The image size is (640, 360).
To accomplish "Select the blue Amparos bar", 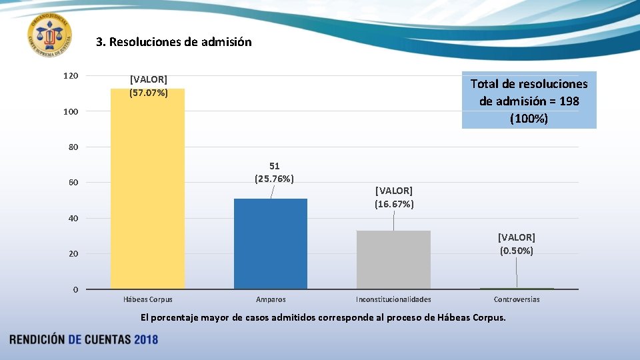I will click(270, 244).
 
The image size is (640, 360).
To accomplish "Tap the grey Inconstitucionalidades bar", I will click(393, 260).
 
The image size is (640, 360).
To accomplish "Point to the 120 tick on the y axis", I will click(71, 76).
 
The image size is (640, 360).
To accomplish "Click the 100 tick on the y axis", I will click(71, 111).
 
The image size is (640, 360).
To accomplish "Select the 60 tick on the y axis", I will click(72, 183).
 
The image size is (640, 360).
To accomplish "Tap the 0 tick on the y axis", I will click(75, 289).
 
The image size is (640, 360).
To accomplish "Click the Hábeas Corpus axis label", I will click(148, 299).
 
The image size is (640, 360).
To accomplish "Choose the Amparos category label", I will click(271, 299).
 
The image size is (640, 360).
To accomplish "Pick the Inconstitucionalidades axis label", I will click(393, 299).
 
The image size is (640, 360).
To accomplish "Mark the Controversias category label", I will click(517, 299).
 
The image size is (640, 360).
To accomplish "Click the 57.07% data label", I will click(149, 87).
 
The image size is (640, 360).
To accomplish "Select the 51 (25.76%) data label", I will click(275, 172).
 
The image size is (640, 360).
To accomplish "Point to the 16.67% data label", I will click(394, 197).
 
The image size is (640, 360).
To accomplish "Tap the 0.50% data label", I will click(517, 244).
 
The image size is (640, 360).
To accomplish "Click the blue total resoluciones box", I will click(529, 101).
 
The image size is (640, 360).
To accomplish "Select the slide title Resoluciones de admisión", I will click(174, 42).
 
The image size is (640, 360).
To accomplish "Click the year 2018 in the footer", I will click(146, 339).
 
